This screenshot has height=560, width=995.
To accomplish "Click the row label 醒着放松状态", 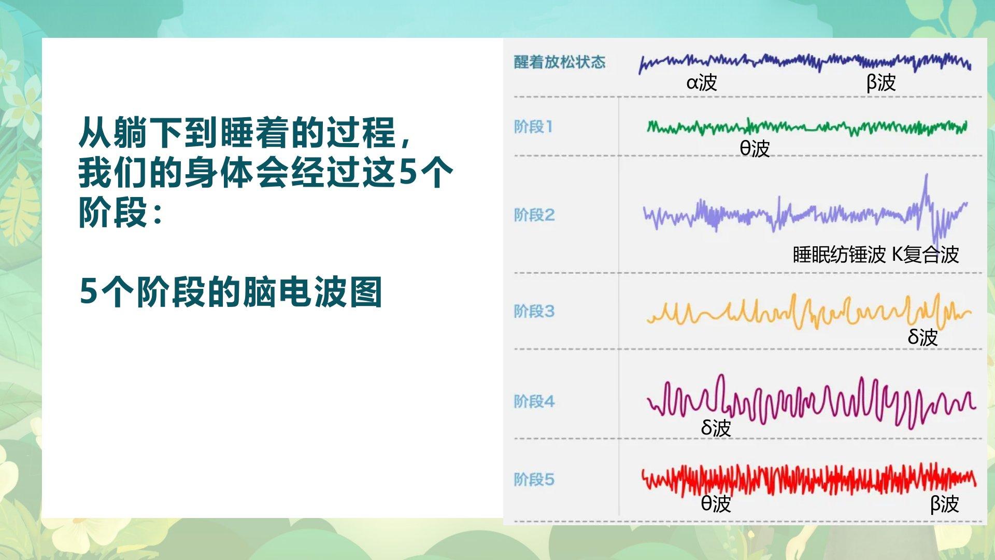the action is point(560,62).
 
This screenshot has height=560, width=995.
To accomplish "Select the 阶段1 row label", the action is point(533,127).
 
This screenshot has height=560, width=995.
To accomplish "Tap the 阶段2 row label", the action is point(534,215).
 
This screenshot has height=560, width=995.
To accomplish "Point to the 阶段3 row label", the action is point(534,311).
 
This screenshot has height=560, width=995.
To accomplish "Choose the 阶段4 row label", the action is point(534,401).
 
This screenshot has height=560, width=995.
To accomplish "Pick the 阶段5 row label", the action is point(534,479).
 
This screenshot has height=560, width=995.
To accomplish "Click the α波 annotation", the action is point(702,82).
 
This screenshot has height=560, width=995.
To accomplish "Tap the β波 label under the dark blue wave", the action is point(881,82).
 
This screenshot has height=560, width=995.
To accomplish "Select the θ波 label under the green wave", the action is point(755,148).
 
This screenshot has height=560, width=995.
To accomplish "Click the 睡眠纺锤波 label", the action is point(840,255).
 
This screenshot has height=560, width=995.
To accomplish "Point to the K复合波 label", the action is point(926,255).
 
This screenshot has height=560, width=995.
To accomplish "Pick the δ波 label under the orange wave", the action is point(922,337).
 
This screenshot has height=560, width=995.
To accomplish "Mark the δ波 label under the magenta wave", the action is point(716,428).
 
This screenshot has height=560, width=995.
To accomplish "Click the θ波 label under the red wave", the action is point(716,503).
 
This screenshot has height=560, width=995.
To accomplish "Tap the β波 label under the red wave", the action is point(945,503).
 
